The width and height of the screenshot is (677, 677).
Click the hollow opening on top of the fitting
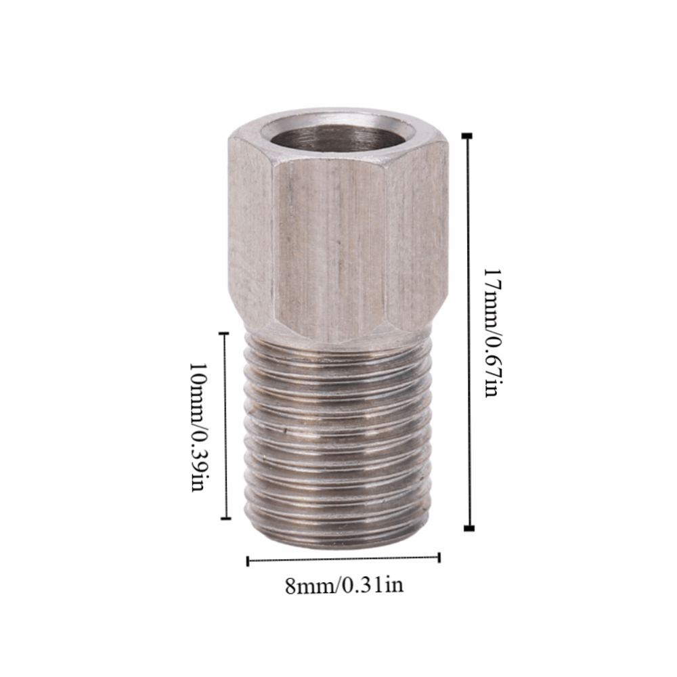point(336,137)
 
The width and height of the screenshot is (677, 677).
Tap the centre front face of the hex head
point(332,244)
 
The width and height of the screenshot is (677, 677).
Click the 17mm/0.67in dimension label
point(491,332)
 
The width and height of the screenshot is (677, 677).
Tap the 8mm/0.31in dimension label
point(344,584)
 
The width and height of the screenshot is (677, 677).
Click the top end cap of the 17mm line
point(467,136)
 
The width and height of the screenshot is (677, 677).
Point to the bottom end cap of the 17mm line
point(468,528)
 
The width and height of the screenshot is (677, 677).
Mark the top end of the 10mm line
point(225,332)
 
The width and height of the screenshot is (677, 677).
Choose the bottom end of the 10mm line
point(225,518)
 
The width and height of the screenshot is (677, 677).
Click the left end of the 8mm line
point(248,561)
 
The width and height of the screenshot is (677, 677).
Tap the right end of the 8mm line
point(439,557)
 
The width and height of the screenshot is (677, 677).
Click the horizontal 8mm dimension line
point(344,559)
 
